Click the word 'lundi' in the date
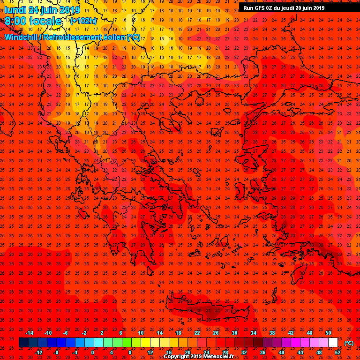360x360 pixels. click(x=15, y=10)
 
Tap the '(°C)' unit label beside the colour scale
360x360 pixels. click(x=349, y=343)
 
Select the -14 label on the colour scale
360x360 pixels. click(x=29, y=333)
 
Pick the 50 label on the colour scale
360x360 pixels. click(x=328, y=333)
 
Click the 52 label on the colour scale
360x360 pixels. click(x=337, y=352)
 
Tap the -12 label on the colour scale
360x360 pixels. click(x=38, y=352)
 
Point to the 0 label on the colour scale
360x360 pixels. click(x=93, y=352)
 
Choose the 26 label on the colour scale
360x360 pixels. click(x=216, y=333)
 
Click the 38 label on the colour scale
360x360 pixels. click(x=272, y=333)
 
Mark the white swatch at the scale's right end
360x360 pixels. click(x=333, y=343)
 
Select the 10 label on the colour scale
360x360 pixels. click(x=141, y=333)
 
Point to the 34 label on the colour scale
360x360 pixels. click(x=253, y=333)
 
